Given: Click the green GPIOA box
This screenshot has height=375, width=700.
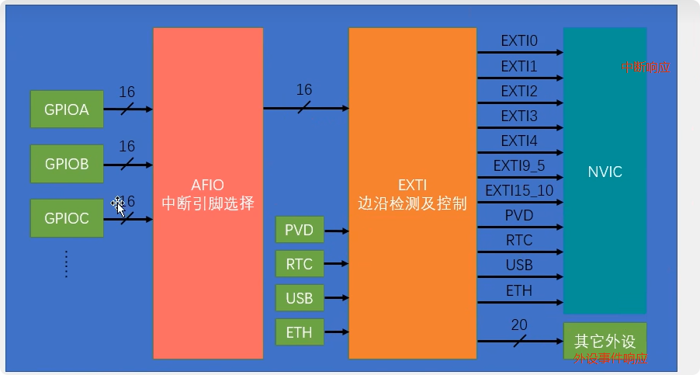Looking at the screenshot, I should (x=67, y=109).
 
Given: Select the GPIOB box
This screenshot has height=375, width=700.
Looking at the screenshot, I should (x=67, y=164).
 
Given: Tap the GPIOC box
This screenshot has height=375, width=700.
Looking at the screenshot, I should (x=67, y=218).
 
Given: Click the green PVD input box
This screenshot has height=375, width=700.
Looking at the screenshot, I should (x=299, y=231).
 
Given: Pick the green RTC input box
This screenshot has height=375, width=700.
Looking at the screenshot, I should (x=299, y=265).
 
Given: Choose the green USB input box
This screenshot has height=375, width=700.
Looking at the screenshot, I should (x=299, y=299).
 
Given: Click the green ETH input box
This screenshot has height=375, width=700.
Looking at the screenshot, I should (x=299, y=333).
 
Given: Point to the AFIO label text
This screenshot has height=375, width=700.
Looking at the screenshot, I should (x=207, y=185).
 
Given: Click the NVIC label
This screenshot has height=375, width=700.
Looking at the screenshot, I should (x=605, y=172).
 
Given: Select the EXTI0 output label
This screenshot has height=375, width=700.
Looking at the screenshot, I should (x=519, y=42).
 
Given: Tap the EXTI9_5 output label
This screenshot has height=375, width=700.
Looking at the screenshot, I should (x=519, y=165).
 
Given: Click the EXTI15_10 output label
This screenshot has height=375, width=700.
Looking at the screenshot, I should (x=519, y=190).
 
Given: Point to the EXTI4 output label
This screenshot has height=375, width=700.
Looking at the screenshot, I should (x=519, y=141).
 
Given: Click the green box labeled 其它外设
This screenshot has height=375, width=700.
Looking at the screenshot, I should (x=605, y=340).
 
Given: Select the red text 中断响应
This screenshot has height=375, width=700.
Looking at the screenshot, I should (x=645, y=68).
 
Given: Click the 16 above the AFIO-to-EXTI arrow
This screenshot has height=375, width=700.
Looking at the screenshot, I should (x=304, y=91).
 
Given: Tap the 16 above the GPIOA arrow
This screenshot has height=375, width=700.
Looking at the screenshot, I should (x=126, y=92).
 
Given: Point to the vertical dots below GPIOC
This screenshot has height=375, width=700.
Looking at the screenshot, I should (x=67, y=264).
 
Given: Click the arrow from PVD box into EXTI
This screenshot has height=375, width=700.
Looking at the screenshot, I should (x=335, y=231).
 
